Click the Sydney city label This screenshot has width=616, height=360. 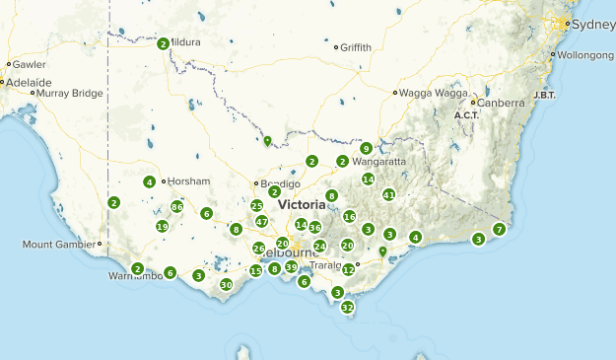[x=592, y=25]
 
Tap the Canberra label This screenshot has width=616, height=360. [x=502, y=102]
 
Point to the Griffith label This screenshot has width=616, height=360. [x=356, y=46]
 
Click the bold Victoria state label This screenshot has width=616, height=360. [x=302, y=205]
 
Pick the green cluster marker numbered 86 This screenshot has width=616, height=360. [x=177, y=207]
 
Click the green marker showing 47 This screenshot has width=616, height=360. [x=261, y=222]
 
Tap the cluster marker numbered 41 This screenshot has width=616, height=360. [x=389, y=195]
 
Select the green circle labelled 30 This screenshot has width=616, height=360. [x=226, y=285]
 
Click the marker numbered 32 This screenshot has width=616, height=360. [x=347, y=308]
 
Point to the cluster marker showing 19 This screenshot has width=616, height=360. [x=163, y=227]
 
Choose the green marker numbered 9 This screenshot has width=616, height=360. [x=366, y=149]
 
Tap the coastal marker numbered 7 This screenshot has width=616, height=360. [x=500, y=230]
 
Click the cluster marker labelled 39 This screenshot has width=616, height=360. [x=291, y=267]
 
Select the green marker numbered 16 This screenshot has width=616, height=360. [x=349, y=217]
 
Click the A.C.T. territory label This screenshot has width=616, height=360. [x=466, y=115]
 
